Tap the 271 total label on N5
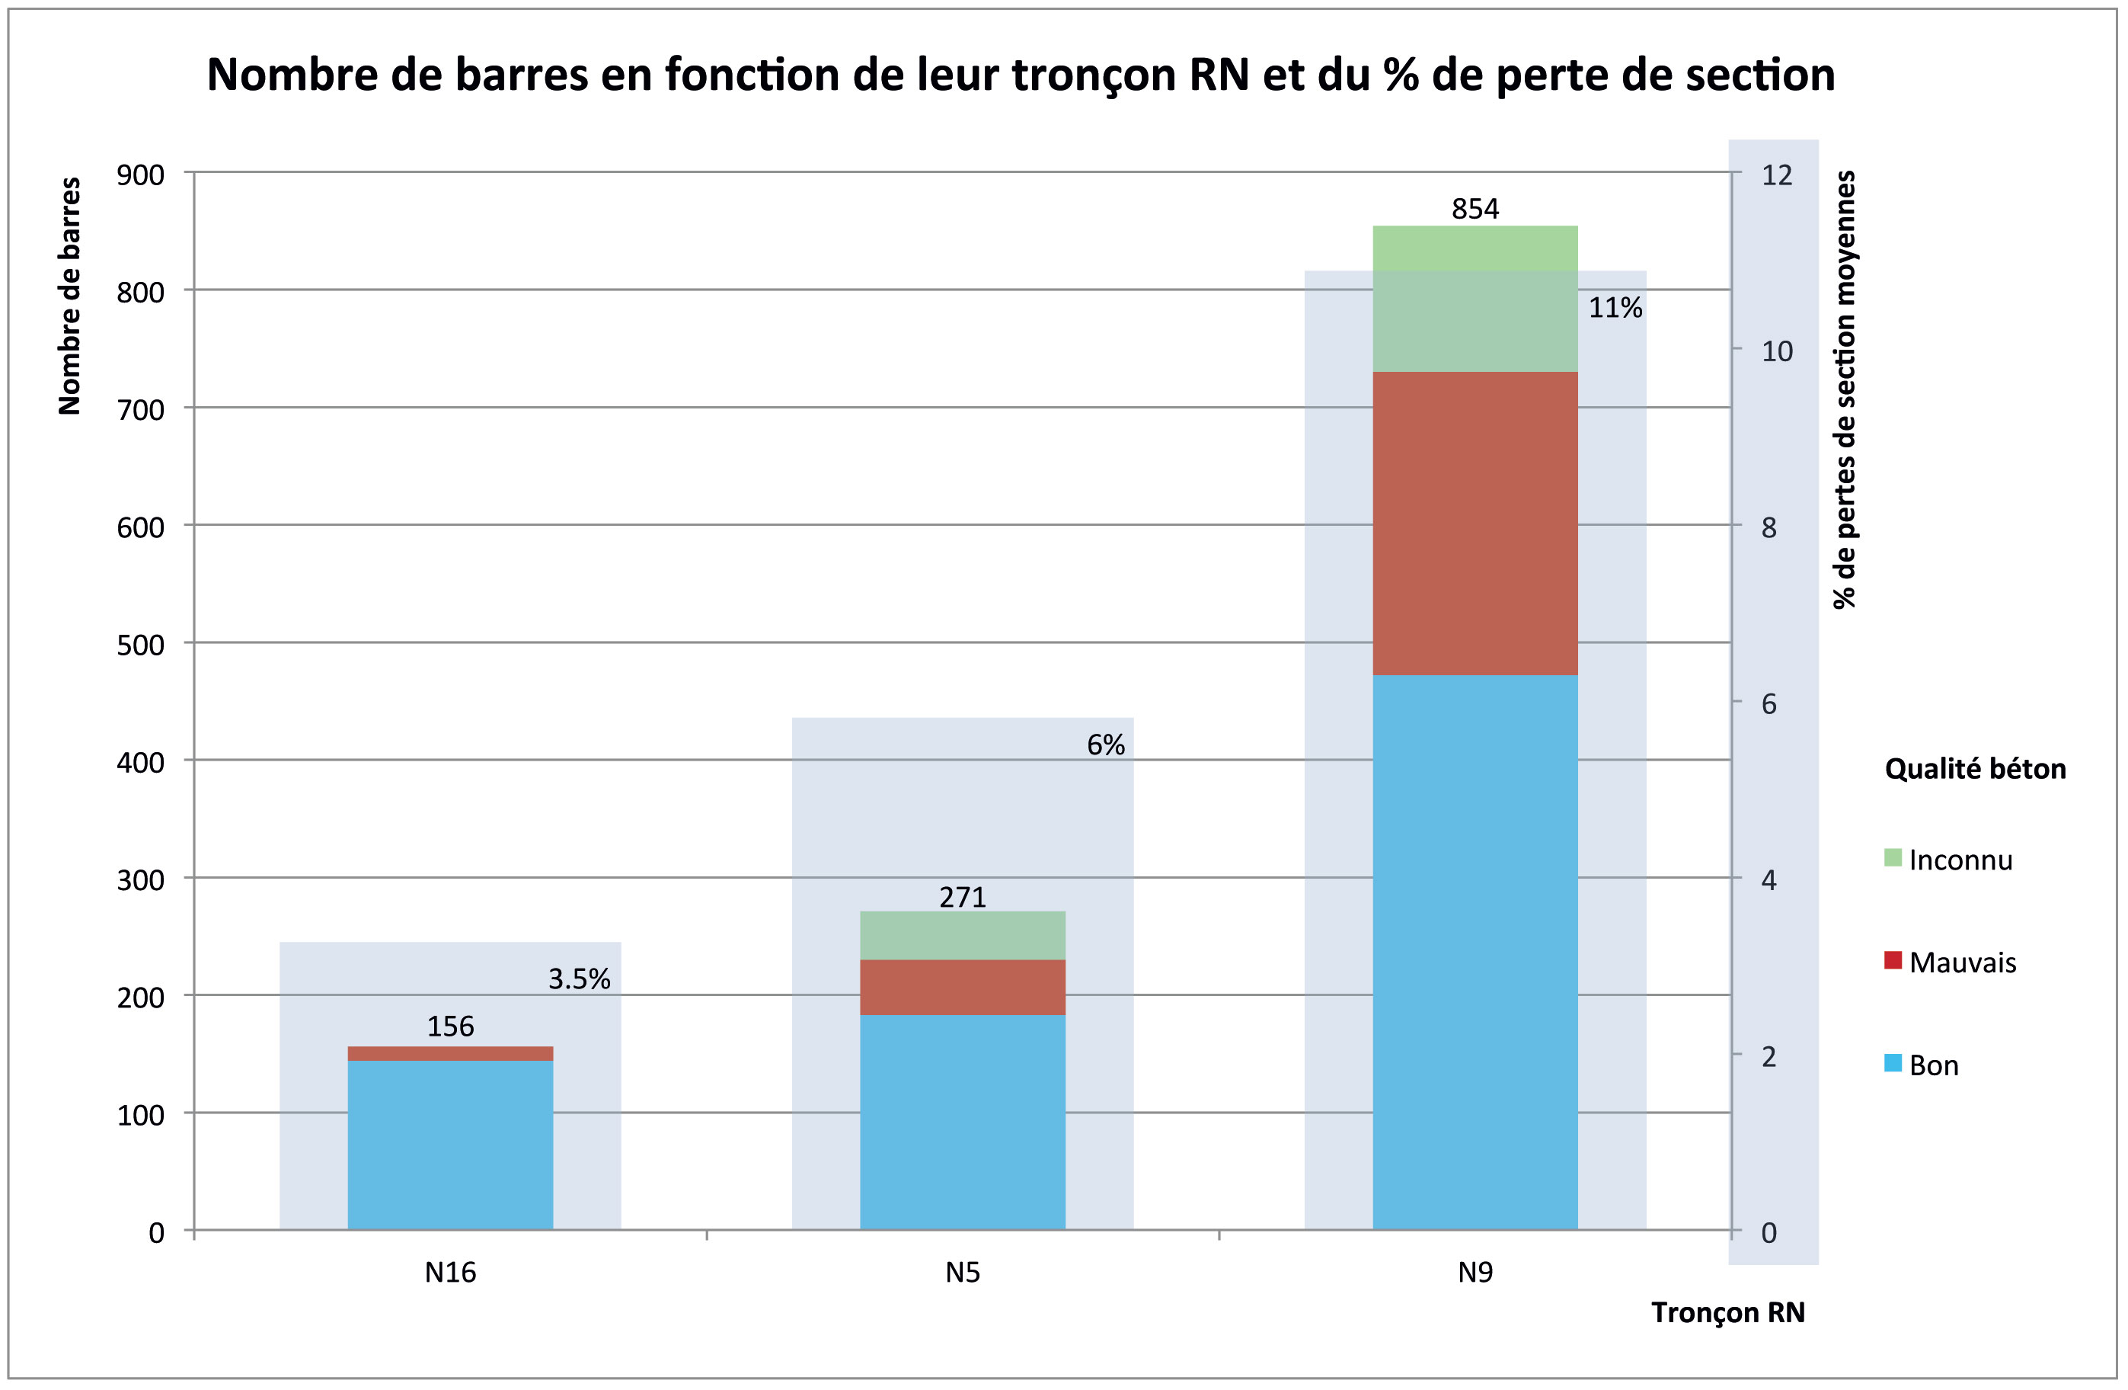(x=962, y=897)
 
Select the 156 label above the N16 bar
(x=449, y=1026)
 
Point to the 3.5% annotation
(x=579, y=979)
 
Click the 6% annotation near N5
(x=1105, y=745)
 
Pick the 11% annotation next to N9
(x=1615, y=309)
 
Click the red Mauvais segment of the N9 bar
(x=1475, y=524)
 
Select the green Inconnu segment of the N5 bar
(x=962, y=936)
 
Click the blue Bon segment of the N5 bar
(x=962, y=1123)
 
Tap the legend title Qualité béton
(x=1974, y=769)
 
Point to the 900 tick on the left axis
(x=140, y=175)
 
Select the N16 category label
(x=449, y=1273)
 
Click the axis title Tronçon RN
(x=1727, y=1312)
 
